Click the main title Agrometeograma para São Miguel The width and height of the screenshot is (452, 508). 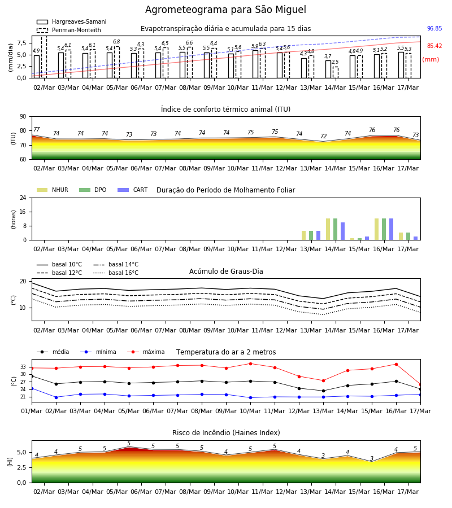click(x=225, y=10)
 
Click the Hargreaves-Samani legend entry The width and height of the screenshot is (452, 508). click(x=71, y=21)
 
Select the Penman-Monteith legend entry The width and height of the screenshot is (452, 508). click(x=69, y=30)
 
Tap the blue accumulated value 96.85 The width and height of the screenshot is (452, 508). click(x=434, y=29)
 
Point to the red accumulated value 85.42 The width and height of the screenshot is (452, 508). click(x=434, y=46)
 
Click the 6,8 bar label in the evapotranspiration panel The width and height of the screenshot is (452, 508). click(x=116, y=42)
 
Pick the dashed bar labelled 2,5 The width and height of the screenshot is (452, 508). click(x=335, y=72)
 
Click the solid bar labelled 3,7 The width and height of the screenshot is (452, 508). click(x=328, y=69)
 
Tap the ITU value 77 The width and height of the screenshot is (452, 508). click(x=36, y=130)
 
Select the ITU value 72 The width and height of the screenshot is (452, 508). click(x=323, y=136)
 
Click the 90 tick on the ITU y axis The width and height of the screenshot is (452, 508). click(x=23, y=117)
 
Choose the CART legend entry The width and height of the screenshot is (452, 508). click(x=133, y=190)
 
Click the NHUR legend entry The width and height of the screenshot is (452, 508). click(x=53, y=190)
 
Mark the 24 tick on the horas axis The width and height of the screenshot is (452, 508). click(x=23, y=198)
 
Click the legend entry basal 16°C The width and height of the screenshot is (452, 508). click(x=116, y=273)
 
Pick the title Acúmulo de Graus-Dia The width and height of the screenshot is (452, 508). click(x=226, y=271)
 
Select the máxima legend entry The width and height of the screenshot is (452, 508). click(x=146, y=352)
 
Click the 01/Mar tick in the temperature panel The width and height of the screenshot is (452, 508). click(x=32, y=411)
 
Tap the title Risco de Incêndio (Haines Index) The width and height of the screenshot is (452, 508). click(x=226, y=433)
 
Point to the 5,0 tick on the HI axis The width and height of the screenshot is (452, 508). click(x=22, y=452)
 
